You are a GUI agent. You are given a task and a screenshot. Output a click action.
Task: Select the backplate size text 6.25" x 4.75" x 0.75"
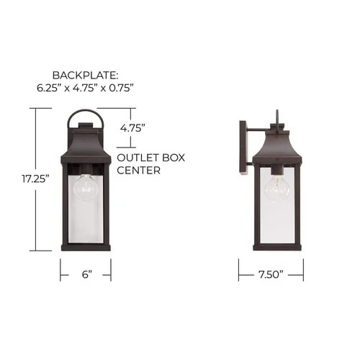coord(86,88)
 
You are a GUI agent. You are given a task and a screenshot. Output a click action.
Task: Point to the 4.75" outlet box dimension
coord(133,127)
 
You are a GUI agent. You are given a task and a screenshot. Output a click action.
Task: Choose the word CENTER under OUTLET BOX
coord(138,171)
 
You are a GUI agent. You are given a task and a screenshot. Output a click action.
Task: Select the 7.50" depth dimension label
coord(271,274)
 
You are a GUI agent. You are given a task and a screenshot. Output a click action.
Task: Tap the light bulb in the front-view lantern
coord(85,189)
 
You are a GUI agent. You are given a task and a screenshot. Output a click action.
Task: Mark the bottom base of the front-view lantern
coord(86,247)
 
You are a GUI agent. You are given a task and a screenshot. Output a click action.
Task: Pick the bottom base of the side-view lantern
coord(276,247)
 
